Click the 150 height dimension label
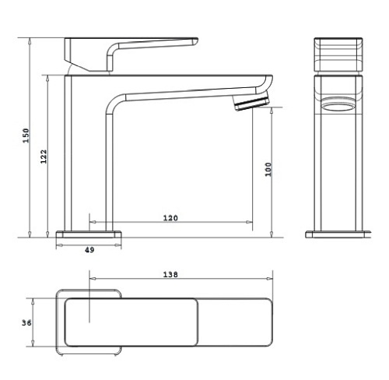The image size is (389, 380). click(26, 135)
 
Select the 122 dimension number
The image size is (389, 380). click(44, 157)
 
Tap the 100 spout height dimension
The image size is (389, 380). click(268, 169)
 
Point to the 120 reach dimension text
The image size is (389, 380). click(170, 218)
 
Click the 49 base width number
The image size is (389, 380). click(89, 250)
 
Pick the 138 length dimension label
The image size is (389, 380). click(170, 274)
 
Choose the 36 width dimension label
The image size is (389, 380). click(26, 323)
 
